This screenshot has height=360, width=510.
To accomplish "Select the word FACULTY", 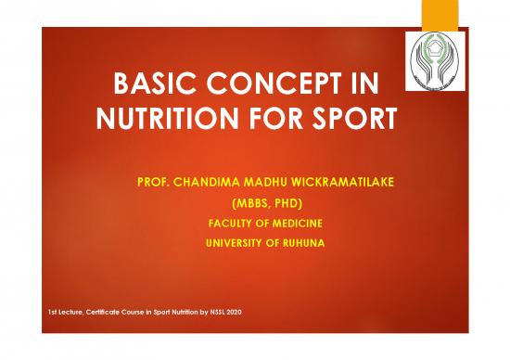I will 231,223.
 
